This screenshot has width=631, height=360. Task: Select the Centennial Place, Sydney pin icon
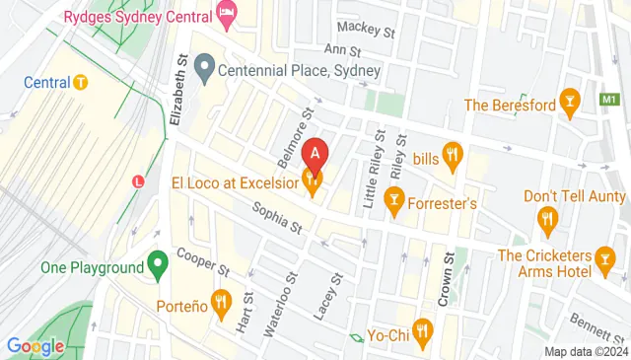coord(205,70)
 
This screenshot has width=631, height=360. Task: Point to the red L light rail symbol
coord(139,180)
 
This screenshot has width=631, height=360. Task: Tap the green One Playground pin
coord(156,264)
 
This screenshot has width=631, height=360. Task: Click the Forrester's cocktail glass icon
coord(394,201)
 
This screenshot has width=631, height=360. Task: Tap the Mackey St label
coord(365,29)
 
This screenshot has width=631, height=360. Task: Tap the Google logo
coord(35,346)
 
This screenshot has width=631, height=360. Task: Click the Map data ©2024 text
coord(586,351)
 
